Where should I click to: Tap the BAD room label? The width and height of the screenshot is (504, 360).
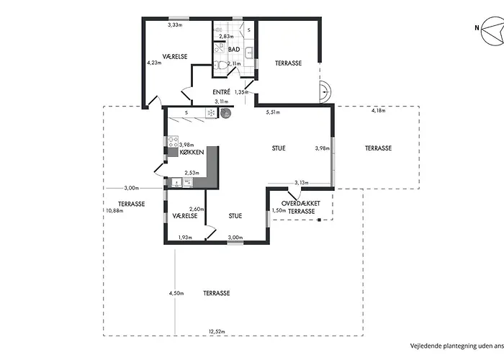[x=234, y=50]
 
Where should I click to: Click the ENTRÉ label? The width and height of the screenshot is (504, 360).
[x=221, y=92]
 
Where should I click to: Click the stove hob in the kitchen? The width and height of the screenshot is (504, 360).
[x=173, y=142]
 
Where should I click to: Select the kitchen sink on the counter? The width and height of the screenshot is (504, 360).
[x=174, y=183]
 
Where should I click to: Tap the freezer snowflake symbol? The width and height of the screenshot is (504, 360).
[x=210, y=113]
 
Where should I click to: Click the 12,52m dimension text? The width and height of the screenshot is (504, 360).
[x=217, y=332]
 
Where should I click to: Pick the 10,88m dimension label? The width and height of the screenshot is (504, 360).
[x=114, y=210]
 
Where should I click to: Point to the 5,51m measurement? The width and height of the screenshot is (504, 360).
[x=273, y=112]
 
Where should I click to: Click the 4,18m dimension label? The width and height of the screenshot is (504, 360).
[x=379, y=111]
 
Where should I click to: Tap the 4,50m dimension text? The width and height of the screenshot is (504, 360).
[x=176, y=294]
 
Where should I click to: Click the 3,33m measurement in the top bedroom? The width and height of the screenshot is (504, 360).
[x=175, y=25]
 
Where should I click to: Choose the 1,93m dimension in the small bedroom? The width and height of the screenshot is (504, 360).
[x=184, y=238]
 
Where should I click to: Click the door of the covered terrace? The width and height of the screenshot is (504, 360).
[x=293, y=194]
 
